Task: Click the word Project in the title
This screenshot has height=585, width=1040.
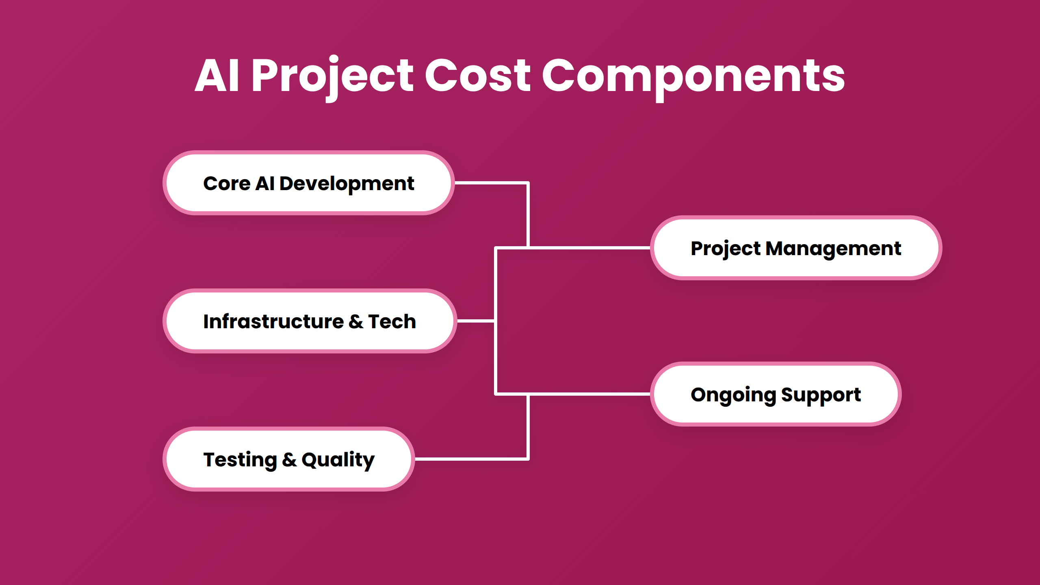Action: point(332,76)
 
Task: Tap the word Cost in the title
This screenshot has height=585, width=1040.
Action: point(477,76)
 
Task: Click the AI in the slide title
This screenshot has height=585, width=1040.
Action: point(217,76)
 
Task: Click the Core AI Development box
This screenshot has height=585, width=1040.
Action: point(309,183)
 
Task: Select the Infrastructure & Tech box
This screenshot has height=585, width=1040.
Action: point(310,321)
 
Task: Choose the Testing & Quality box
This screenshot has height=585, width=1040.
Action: point(288,459)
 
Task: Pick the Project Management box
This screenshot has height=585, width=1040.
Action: point(796,248)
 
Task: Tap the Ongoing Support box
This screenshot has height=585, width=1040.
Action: point(776,394)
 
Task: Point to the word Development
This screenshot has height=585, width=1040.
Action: point(347,184)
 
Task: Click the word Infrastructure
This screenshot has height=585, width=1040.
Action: point(273,321)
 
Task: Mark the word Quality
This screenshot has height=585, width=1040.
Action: point(338,460)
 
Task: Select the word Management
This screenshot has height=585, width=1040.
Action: point(833,249)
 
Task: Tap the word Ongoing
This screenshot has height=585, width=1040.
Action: point(733,395)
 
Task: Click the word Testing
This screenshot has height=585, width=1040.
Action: point(240,460)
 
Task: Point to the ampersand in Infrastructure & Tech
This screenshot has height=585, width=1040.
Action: point(356,321)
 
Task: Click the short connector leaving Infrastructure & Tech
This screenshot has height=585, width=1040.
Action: point(475,321)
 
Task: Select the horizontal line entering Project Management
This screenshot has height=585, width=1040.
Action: point(589,247)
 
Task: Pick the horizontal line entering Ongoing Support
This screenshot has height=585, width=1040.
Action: point(589,394)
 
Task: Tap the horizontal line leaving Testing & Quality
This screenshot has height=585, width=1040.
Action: point(471,459)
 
